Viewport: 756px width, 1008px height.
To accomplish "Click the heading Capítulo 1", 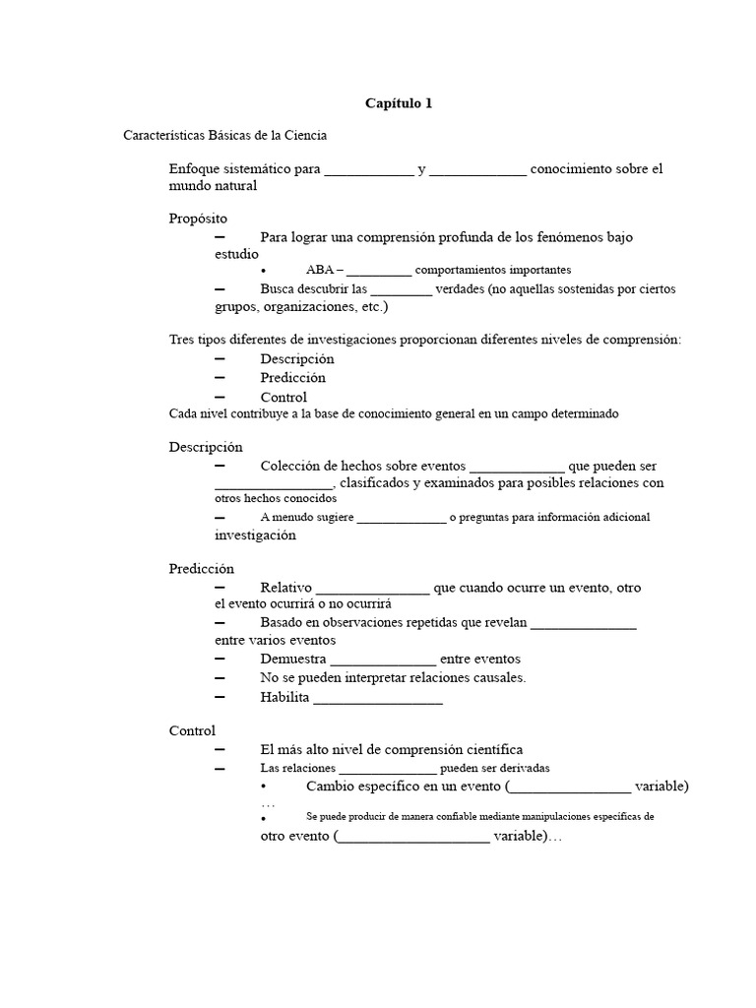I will [x=399, y=103].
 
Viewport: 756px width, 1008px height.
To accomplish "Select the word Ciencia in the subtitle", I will [x=305, y=136].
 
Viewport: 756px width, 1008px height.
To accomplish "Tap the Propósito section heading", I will [x=198, y=219].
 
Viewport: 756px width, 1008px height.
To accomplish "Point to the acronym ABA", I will [x=319, y=270].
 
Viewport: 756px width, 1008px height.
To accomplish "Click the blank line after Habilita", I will [x=378, y=698].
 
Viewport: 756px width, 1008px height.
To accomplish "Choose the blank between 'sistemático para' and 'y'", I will [x=369, y=169].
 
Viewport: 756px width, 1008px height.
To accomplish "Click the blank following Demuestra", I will [x=383, y=659].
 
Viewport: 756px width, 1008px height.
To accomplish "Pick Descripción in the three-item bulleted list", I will [x=297, y=359].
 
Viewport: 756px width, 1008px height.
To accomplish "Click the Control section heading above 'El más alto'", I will [x=192, y=731].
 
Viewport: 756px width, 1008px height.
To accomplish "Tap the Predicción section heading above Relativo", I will [x=202, y=569].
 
